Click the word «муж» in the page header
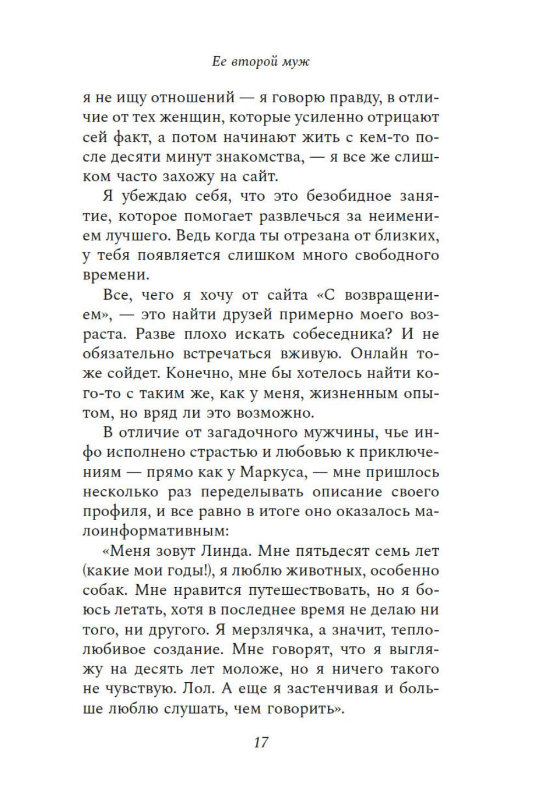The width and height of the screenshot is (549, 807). click(295, 62)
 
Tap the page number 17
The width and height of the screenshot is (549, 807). click(261, 742)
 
